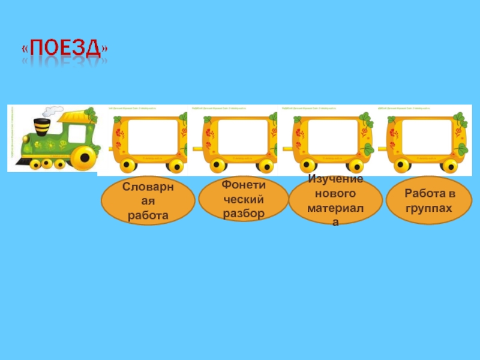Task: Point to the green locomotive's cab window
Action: click(75, 132)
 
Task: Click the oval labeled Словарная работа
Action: click(148, 201)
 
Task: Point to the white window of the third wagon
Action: click(333, 137)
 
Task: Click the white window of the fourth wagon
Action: click(427, 137)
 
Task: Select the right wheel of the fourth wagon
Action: click(451, 165)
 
